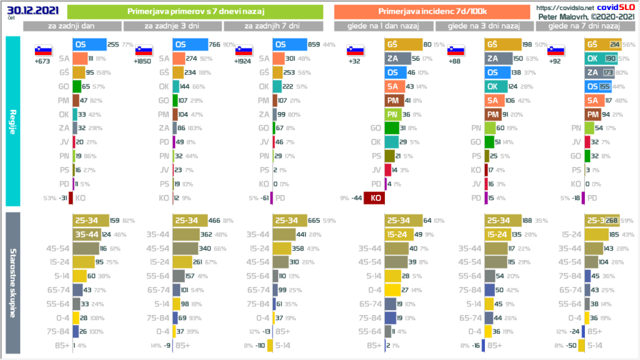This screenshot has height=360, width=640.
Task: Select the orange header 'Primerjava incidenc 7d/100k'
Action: pos(432,11)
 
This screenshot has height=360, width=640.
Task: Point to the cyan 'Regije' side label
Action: pos(12,121)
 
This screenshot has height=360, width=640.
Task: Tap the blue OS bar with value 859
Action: pos(290,45)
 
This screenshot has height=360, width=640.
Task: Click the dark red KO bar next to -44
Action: pos(376,197)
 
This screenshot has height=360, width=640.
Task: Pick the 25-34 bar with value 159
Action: pos(91,221)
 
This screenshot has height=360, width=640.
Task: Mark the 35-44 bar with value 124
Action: pos(85,234)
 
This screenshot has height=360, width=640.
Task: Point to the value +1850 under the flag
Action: pos(143,61)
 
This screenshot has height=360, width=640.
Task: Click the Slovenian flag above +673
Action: pos(43,50)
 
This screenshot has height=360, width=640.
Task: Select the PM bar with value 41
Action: pos(392,100)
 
